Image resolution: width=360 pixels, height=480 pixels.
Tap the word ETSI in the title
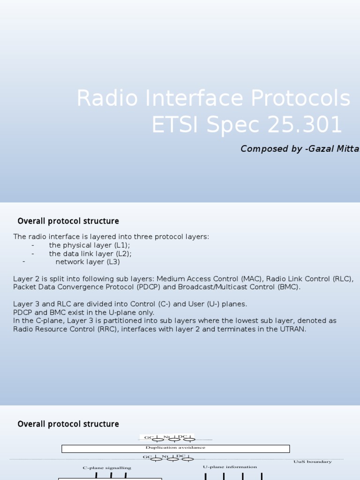(x=176, y=125)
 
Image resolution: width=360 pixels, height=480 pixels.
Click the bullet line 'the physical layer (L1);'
(x=90, y=245)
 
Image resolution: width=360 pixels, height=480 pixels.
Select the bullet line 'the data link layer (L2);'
(x=90, y=254)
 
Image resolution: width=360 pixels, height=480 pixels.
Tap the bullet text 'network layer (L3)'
(x=88, y=262)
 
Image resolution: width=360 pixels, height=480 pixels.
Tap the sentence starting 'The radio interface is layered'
(x=111, y=237)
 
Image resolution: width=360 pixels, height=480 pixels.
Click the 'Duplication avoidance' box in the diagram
(x=175, y=449)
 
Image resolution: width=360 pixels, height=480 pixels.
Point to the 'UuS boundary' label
(x=312, y=462)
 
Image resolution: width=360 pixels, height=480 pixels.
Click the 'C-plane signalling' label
(x=107, y=468)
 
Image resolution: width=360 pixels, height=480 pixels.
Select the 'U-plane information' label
(x=230, y=467)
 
